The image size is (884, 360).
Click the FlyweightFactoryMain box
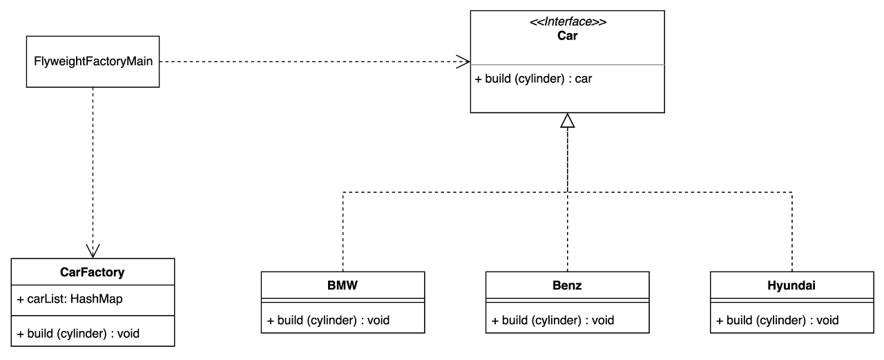pyautogui.click(x=93, y=61)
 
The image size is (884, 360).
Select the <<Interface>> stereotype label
pyautogui.click(x=568, y=21)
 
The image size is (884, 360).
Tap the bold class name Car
pyautogui.click(x=567, y=36)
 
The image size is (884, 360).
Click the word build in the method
pyautogui.click(x=498, y=79)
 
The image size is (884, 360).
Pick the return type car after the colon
pyautogui.click(x=584, y=79)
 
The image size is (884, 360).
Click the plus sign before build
pyautogui.click(x=478, y=79)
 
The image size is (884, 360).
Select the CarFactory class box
pyautogui.click(x=93, y=272)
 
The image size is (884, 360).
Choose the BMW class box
pyautogui.click(x=343, y=285)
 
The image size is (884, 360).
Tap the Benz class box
pyautogui.click(x=567, y=285)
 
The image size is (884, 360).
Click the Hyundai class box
pyautogui.click(x=791, y=285)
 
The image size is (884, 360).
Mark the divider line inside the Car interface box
pyautogui.click(x=567, y=65)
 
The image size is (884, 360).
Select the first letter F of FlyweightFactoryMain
pyautogui.click(x=37, y=61)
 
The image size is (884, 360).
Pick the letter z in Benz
pyautogui.click(x=577, y=285)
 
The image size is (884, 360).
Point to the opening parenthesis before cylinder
pyautogui.click(x=517, y=79)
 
